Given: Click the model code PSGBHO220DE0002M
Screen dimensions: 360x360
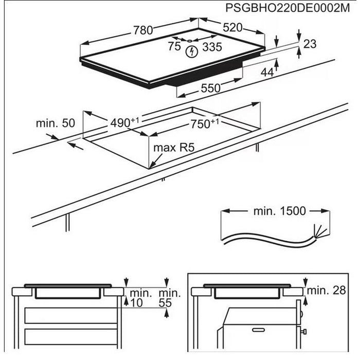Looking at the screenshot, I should [290, 8].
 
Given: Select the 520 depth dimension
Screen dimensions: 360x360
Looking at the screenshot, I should [232, 28].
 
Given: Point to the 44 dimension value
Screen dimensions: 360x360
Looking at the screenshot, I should [266, 73].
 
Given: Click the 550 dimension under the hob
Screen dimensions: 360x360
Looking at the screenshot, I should [210, 88].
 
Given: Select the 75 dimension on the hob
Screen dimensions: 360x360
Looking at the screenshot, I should [174, 47].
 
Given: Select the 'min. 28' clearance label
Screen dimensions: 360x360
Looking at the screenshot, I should [329, 291].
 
